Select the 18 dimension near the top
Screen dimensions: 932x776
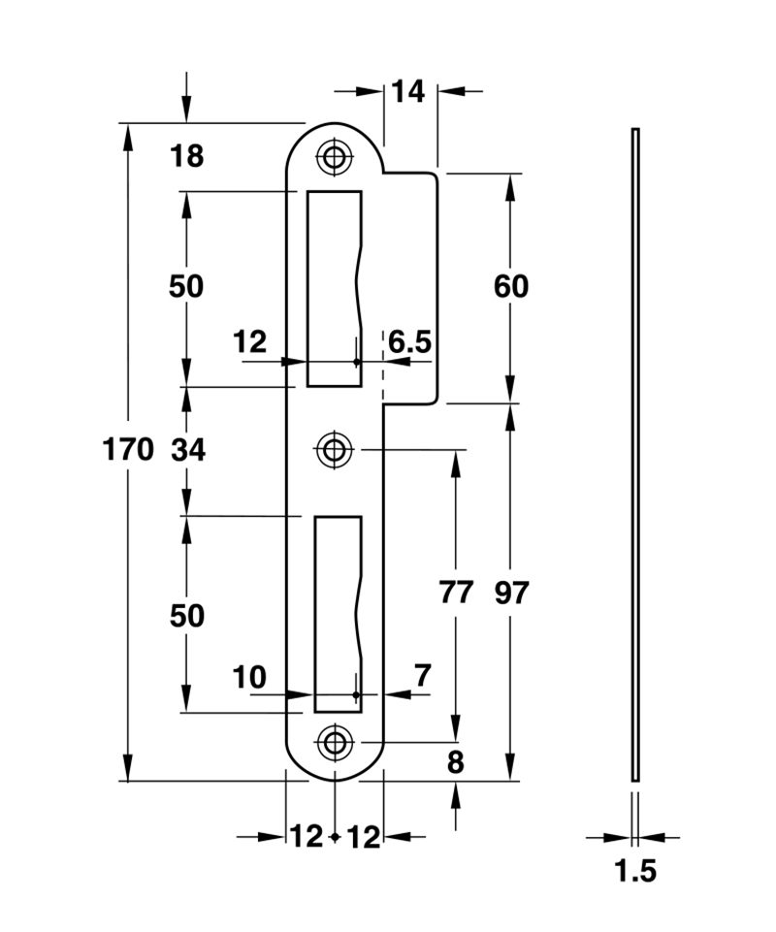click(186, 156)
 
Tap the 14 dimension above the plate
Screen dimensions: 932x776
click(409, 92)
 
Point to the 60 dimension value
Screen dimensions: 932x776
click(511, 287)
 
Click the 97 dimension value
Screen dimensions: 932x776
click(511, 593)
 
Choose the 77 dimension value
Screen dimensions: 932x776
click(455, 593)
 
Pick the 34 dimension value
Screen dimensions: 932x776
click(186, 450)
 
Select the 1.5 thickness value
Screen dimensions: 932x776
click(635, 872)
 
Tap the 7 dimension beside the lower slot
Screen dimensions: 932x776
click(423, 676)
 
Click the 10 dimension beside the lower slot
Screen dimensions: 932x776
click(249, 677)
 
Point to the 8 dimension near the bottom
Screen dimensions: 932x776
click(455, 762)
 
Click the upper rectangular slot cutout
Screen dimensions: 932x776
click(332, 288)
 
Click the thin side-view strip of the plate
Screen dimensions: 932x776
click(635, 453)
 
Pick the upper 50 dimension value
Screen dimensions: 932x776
click(186, 287)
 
